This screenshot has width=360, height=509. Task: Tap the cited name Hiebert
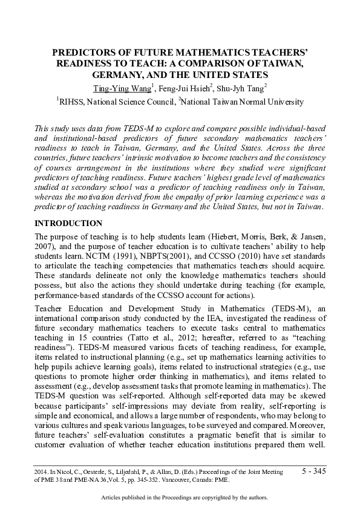(222, 235)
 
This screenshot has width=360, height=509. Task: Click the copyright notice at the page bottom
(182, 498)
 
